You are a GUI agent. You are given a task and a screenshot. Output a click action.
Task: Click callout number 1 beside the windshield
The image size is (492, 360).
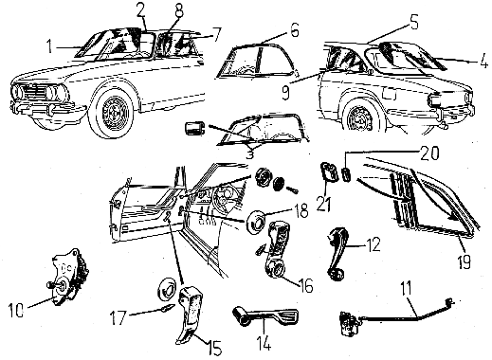(49, 46)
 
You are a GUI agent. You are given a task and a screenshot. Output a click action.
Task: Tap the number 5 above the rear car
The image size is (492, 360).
(413, 22)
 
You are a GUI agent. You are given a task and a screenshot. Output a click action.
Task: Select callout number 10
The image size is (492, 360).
(16, 310)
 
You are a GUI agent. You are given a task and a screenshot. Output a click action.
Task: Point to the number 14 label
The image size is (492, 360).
(264, 343)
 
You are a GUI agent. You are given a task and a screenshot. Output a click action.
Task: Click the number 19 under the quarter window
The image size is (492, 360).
(465, 261)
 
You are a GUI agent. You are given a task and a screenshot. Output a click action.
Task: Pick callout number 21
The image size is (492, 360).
(323, 204)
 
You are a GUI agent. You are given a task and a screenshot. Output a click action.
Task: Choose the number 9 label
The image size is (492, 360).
(285, 92)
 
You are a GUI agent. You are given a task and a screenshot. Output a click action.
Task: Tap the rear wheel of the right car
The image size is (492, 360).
(361, 117)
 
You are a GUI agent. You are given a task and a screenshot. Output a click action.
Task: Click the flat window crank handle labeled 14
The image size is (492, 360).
(265, 315)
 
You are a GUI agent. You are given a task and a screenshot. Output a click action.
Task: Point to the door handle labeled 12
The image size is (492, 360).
(337, 254)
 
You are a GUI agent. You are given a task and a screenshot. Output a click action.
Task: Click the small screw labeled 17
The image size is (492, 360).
(168, 308)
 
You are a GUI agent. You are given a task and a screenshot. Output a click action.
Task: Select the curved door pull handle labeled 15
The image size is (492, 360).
(190, 315)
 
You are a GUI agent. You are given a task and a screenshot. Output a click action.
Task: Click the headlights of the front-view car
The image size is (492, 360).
(40, 91)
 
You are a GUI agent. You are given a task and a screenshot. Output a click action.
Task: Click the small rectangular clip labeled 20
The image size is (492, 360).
(347, 175)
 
